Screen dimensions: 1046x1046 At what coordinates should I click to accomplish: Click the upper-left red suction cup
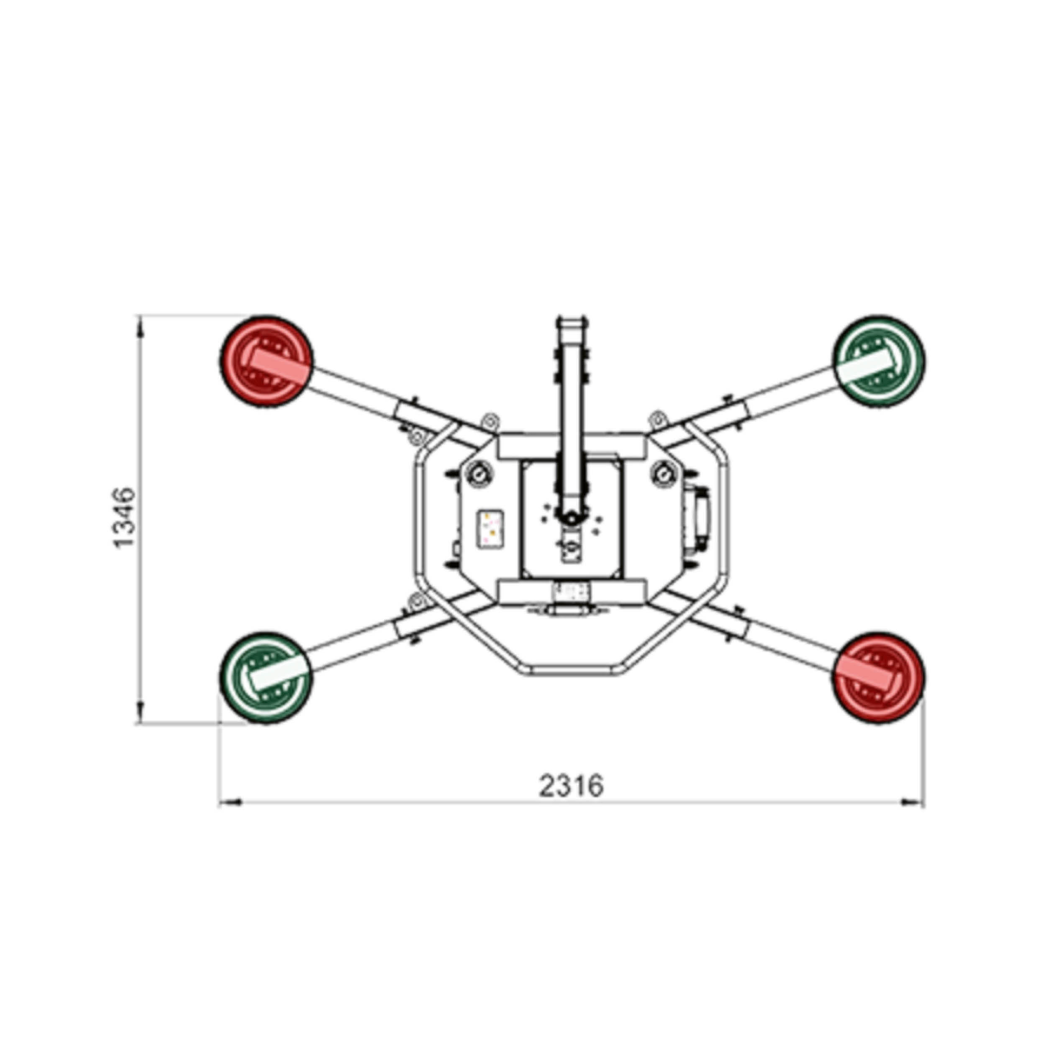coord(266,361)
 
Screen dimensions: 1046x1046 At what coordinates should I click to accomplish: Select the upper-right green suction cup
coord(879,361)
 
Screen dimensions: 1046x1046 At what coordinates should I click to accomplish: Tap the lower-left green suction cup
coord(266,677)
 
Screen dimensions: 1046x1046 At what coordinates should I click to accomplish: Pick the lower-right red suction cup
coord(879,677)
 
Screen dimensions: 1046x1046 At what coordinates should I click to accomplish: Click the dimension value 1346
coord(125,518)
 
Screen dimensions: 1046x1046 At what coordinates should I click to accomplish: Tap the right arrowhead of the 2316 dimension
coord(913,802)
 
